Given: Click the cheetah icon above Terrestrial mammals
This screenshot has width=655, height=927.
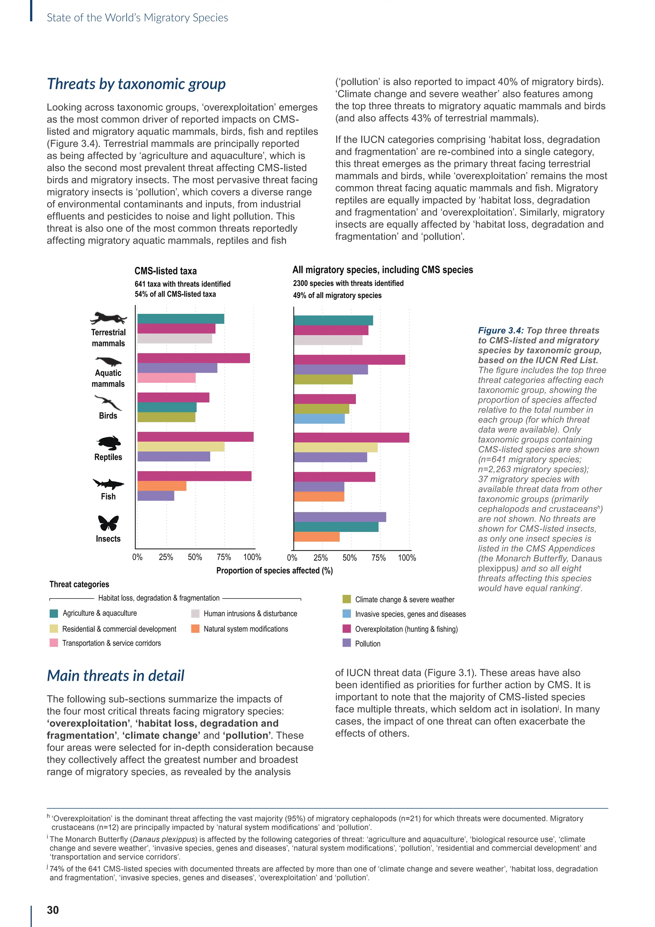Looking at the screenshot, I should [108, 318].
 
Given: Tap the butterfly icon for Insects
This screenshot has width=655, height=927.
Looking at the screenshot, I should [108, 523].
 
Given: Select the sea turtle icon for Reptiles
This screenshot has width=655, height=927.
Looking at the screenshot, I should [108, 443].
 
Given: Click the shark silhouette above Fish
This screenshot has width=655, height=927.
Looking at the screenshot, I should [108, 483].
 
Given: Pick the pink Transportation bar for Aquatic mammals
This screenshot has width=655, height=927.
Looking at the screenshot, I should [166, 378].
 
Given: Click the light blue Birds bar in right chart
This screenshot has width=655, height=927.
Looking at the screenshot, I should [319, 419].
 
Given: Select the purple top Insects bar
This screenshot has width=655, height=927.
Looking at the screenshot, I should [340, 517].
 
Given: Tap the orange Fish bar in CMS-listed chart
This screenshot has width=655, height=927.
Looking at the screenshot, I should [162, 486].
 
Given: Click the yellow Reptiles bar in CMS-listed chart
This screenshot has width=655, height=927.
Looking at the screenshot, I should [181, 447].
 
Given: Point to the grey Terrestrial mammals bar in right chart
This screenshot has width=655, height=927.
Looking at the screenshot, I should [328, 340].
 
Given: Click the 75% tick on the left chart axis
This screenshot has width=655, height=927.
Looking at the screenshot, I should [224, 557].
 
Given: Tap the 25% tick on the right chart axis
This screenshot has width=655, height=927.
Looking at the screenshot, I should [321, 558].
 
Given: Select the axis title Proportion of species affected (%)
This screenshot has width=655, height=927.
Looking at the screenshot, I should [274, 570].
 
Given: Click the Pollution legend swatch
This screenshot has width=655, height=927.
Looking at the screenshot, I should [346, 643].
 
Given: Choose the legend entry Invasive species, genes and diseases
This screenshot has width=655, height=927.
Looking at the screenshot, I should [410, 614].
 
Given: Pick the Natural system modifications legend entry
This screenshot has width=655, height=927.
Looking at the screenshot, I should [246, 629].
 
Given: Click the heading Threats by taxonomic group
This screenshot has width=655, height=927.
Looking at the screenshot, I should [136, 84].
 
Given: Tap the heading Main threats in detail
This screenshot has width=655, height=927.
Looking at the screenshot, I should [115, 675].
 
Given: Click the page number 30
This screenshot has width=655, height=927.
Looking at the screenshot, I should [53, 910].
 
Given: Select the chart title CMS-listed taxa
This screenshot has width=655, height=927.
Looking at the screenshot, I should [165, 271].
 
